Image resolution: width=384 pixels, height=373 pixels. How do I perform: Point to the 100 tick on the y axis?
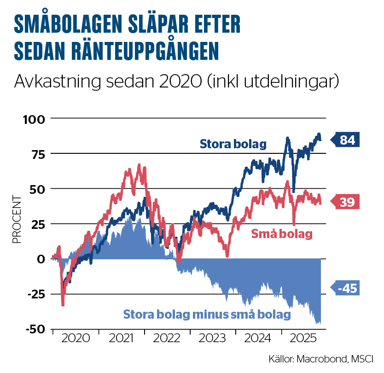pyautogui.click(x=35, y=119)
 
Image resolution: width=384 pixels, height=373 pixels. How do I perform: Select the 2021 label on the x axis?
pyautogui.click(x=121, y=338)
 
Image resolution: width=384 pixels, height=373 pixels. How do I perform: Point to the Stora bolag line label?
pyautogui.click(x=233, y=144)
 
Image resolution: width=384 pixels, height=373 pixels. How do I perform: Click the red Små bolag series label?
pyautogui.click(x=282, y=234)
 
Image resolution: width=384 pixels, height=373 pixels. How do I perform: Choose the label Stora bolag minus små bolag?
pyautogui.click(x=207, y=315)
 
